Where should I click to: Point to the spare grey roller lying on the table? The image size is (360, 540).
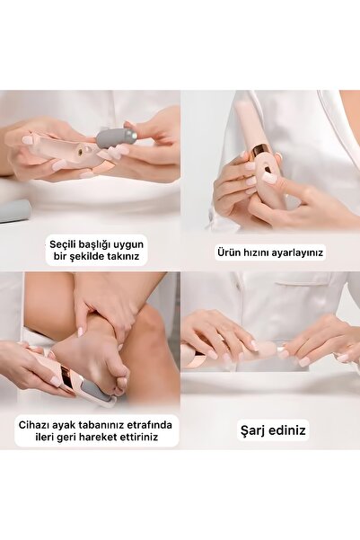pos(13,210)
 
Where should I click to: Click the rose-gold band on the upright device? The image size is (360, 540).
pos(261,148)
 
